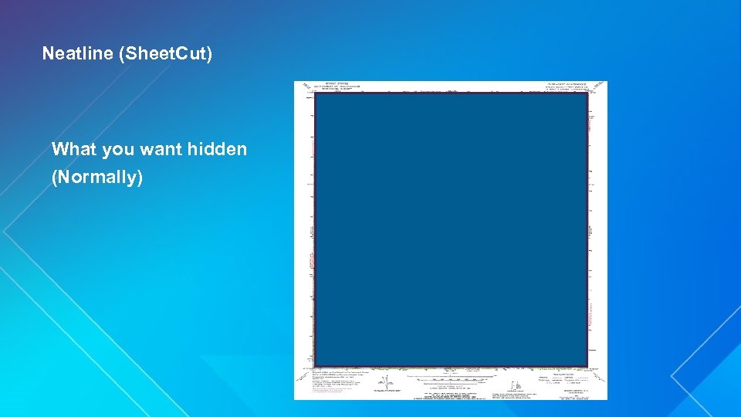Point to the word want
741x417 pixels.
(x=161, y=149)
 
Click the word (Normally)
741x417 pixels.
(x=97, y=178)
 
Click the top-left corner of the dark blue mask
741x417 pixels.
(x=316, y=94)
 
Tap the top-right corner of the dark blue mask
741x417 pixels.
(x=587, y=94)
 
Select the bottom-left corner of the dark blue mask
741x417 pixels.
(x=316, y=365)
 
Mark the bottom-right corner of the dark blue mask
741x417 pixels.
(x=587, y=365)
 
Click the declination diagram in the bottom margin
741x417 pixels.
(x=381, y=384)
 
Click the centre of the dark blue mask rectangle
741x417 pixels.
(x=452, y=230)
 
